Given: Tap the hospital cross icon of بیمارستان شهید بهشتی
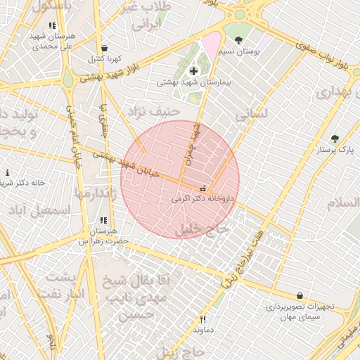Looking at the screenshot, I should pyautogui.click(x=193, y=72).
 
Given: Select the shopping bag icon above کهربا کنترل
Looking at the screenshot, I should pyautogui.click(x=104, y=48).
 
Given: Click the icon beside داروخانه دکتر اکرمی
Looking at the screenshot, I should pyautogui.click(x=203, y=188).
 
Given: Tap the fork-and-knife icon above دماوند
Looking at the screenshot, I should pyautogui.click(x=202, y=319).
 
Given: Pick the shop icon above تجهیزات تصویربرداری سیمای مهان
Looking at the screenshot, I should pyautogui.click(x=301, y=296).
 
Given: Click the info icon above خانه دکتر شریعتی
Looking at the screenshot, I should pyautogui.click(x=8, y=172).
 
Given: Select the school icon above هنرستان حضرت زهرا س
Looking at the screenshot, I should pyautogui.click(x=103, y=220).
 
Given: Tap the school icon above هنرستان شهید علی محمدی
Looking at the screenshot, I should pyautogui.click(x=52, y=25).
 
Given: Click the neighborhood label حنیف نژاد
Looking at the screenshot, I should pyautogui.click(x=149, y=111).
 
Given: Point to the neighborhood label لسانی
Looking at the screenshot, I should pyautogui.click(x=251, y=112).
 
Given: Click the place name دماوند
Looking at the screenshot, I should pyautogui.click(x=202, y=329).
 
